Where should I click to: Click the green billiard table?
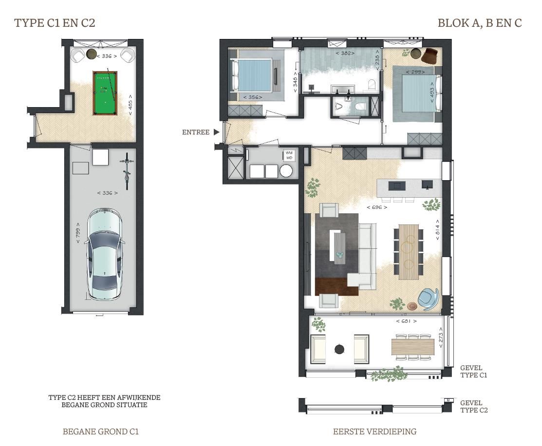(105, 93)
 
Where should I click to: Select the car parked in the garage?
(104, 256)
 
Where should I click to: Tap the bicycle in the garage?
(127, 170)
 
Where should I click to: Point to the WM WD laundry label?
(289, 155)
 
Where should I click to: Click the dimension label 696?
(377, 207)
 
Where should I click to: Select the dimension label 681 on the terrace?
(406, 321)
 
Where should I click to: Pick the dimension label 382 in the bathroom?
(345, 53)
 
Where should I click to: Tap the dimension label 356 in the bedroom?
(252, 97)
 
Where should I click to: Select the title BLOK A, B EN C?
(479, 23)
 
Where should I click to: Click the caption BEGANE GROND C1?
(101, 431)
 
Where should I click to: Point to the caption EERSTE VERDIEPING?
(374, 431)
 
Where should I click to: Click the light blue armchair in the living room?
(429, 298)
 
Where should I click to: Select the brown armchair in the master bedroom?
(430, 56)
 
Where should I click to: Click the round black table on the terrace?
(339, 349)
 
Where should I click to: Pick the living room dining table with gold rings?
(408, 252)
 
